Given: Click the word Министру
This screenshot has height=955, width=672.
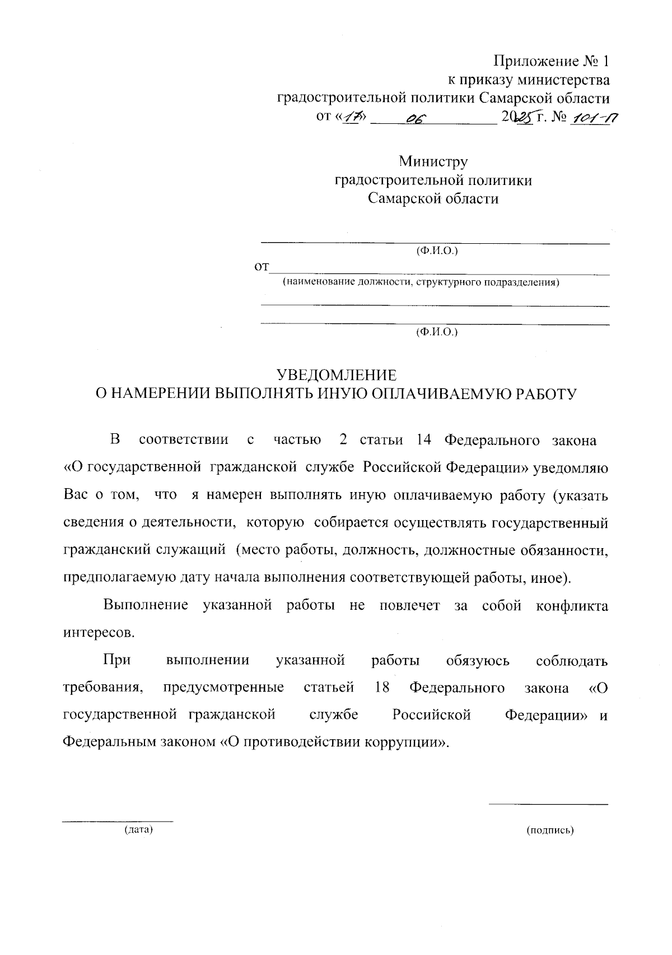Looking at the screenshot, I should pyautogui.click(x=433, y=162).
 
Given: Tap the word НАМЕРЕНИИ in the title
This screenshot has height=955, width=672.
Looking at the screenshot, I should pyautogui.click(x=162, y=394).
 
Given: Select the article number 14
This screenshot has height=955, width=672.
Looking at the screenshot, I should pyautogui.click(x=423, y=439).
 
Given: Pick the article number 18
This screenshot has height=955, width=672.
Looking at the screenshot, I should pyautogui.click(x=382, y=688).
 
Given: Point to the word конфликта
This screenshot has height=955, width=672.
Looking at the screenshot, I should pyautogui.click(x=572, y=606).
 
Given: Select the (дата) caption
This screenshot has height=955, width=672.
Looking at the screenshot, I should pyautogui.click(x=138, y=830).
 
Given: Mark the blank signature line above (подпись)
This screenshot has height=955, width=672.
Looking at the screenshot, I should pyautogui.click(x=548, y=805).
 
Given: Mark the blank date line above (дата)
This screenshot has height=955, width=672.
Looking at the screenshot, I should pyautogui.click(x=117, y=822).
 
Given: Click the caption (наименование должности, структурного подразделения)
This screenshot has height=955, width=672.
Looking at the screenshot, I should pyautogui.click(x=421, y=282).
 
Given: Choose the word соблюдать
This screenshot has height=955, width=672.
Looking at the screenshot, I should pyautogui.click(x=572, y=661).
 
